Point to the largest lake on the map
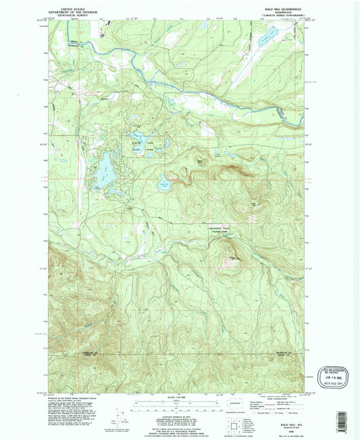tap(105, 170)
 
